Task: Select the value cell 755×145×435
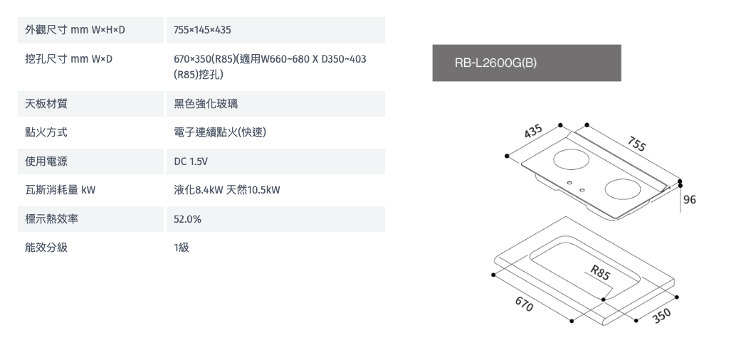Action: click(203, 31)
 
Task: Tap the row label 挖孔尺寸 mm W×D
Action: click(68, 58)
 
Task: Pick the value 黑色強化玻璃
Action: click(206, 104)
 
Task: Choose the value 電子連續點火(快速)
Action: click(220, 132)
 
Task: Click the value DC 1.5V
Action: click(191, 162)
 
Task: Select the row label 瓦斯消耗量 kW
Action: click(60, 190)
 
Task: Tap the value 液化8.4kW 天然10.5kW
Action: click(227, 190)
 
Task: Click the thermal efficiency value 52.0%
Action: click(187, 219)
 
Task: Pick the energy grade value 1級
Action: click(182, 248)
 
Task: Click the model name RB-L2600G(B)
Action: click(495, 63)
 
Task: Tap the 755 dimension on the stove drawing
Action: click(636, 144)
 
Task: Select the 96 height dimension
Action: click(690, 200)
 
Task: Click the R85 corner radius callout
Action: click(601, 273)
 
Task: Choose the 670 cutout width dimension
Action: click(524, 305)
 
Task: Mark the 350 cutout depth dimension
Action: click(662, 315)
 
